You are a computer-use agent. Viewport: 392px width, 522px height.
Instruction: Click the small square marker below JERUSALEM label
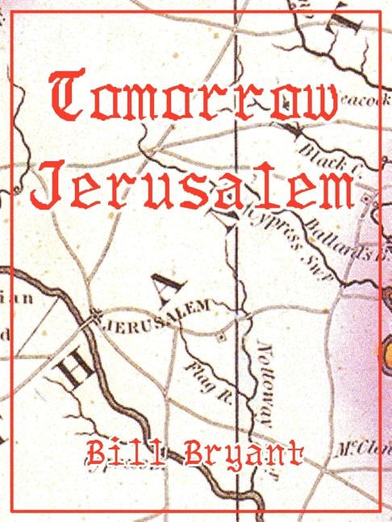[221, 338]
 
